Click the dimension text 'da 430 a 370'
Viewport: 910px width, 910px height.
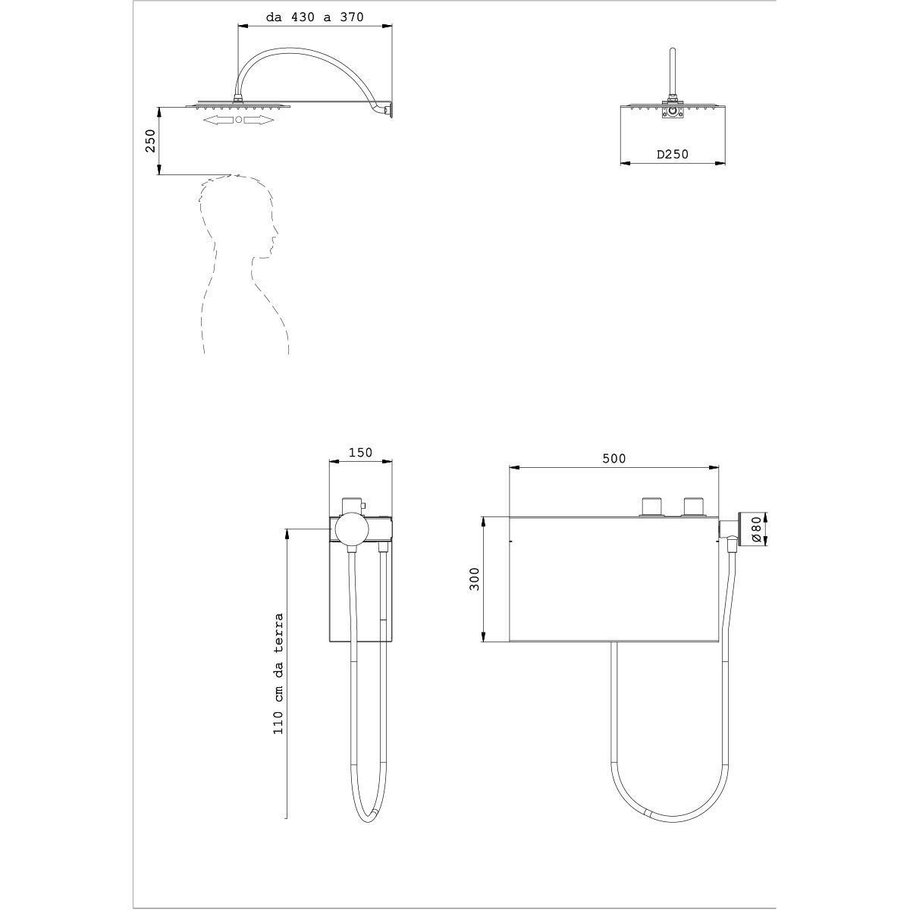(315, 17)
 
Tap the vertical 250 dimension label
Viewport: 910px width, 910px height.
(150, 141)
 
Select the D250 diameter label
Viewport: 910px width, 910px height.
(673, 154)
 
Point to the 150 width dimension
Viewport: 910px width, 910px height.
(360, 453)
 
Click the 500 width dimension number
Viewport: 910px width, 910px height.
(614, 459)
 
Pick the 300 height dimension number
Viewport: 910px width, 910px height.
(474, 579)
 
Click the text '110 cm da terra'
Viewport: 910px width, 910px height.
(278, 674)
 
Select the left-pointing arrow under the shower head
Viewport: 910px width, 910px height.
(218, 120)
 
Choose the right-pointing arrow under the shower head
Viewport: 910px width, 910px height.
(259, 120)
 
